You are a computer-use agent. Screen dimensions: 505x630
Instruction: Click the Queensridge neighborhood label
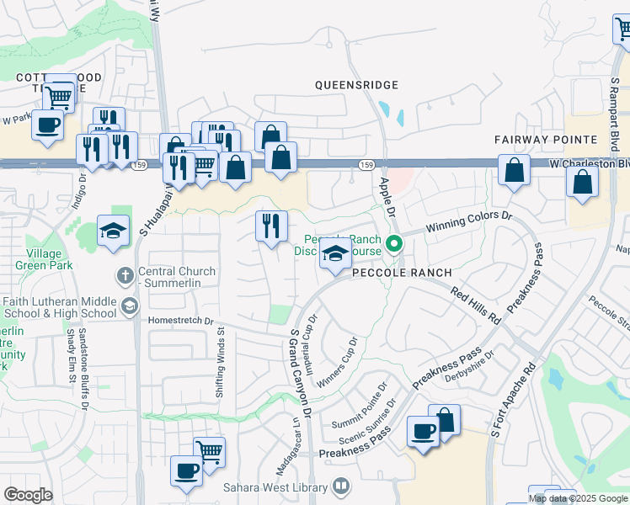tap(355, 85)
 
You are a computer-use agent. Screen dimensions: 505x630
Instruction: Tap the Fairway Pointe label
tap(545, 139)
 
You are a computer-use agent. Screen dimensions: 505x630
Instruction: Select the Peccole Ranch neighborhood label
tap(402, 273)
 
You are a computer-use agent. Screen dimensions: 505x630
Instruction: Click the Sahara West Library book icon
tap(341, 486)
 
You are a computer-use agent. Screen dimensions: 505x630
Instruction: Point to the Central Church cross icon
tap(125, 274)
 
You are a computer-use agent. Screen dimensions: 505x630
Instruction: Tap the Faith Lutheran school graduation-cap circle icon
tap(128, 306)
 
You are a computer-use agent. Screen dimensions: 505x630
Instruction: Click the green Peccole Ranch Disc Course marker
tap(392, 246)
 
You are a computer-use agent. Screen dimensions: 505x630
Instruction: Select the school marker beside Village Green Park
tap(113, 230)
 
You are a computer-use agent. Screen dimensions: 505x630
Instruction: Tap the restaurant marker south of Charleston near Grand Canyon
tap(270, 226)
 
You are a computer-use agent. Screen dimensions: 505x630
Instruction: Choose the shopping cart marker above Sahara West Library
tap(209, 452)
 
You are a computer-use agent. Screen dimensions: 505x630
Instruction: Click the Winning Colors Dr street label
tap(469, 222)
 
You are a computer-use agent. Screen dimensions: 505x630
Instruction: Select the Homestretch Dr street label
tap(180, 321)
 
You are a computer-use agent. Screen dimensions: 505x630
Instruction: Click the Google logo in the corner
tap(29, 495)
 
